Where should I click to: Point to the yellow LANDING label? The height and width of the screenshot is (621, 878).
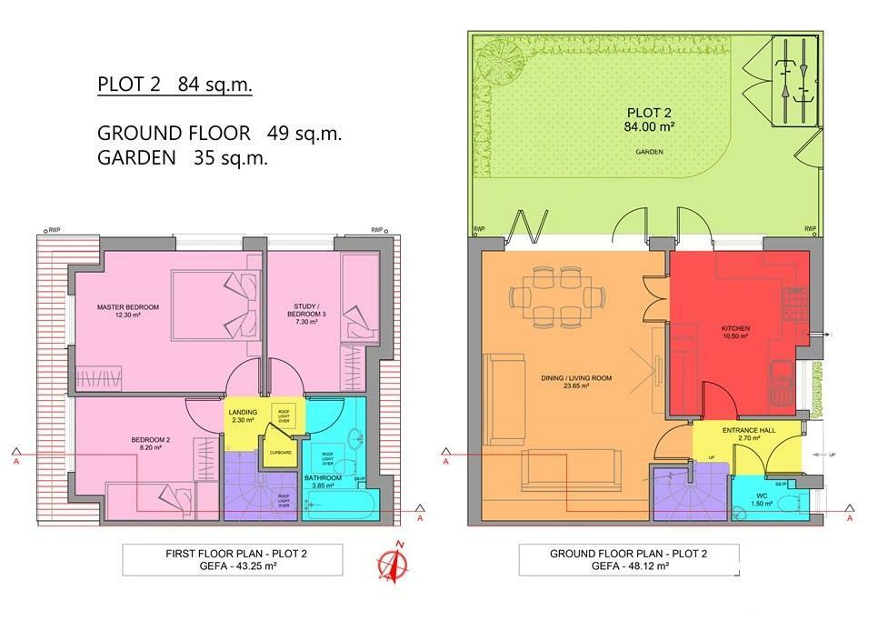(x=244, y=416)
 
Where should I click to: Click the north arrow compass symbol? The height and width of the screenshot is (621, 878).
(x=395, y=559)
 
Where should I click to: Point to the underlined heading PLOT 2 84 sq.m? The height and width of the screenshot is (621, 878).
(x=175, y=86)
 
